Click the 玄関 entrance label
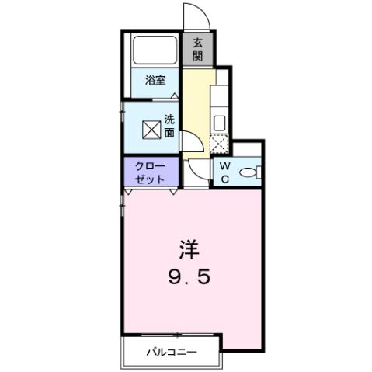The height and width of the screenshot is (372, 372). coord(198,50)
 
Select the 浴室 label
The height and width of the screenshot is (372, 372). coord(155,80)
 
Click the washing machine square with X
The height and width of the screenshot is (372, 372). coord(149,130)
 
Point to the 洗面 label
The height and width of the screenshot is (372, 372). coord(170,126)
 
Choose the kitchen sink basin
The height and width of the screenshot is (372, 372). coord(219,123)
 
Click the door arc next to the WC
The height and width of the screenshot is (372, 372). coord(199,174)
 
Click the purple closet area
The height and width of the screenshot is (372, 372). coord(151,172)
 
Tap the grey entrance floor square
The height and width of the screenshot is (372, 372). coord(198,50)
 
